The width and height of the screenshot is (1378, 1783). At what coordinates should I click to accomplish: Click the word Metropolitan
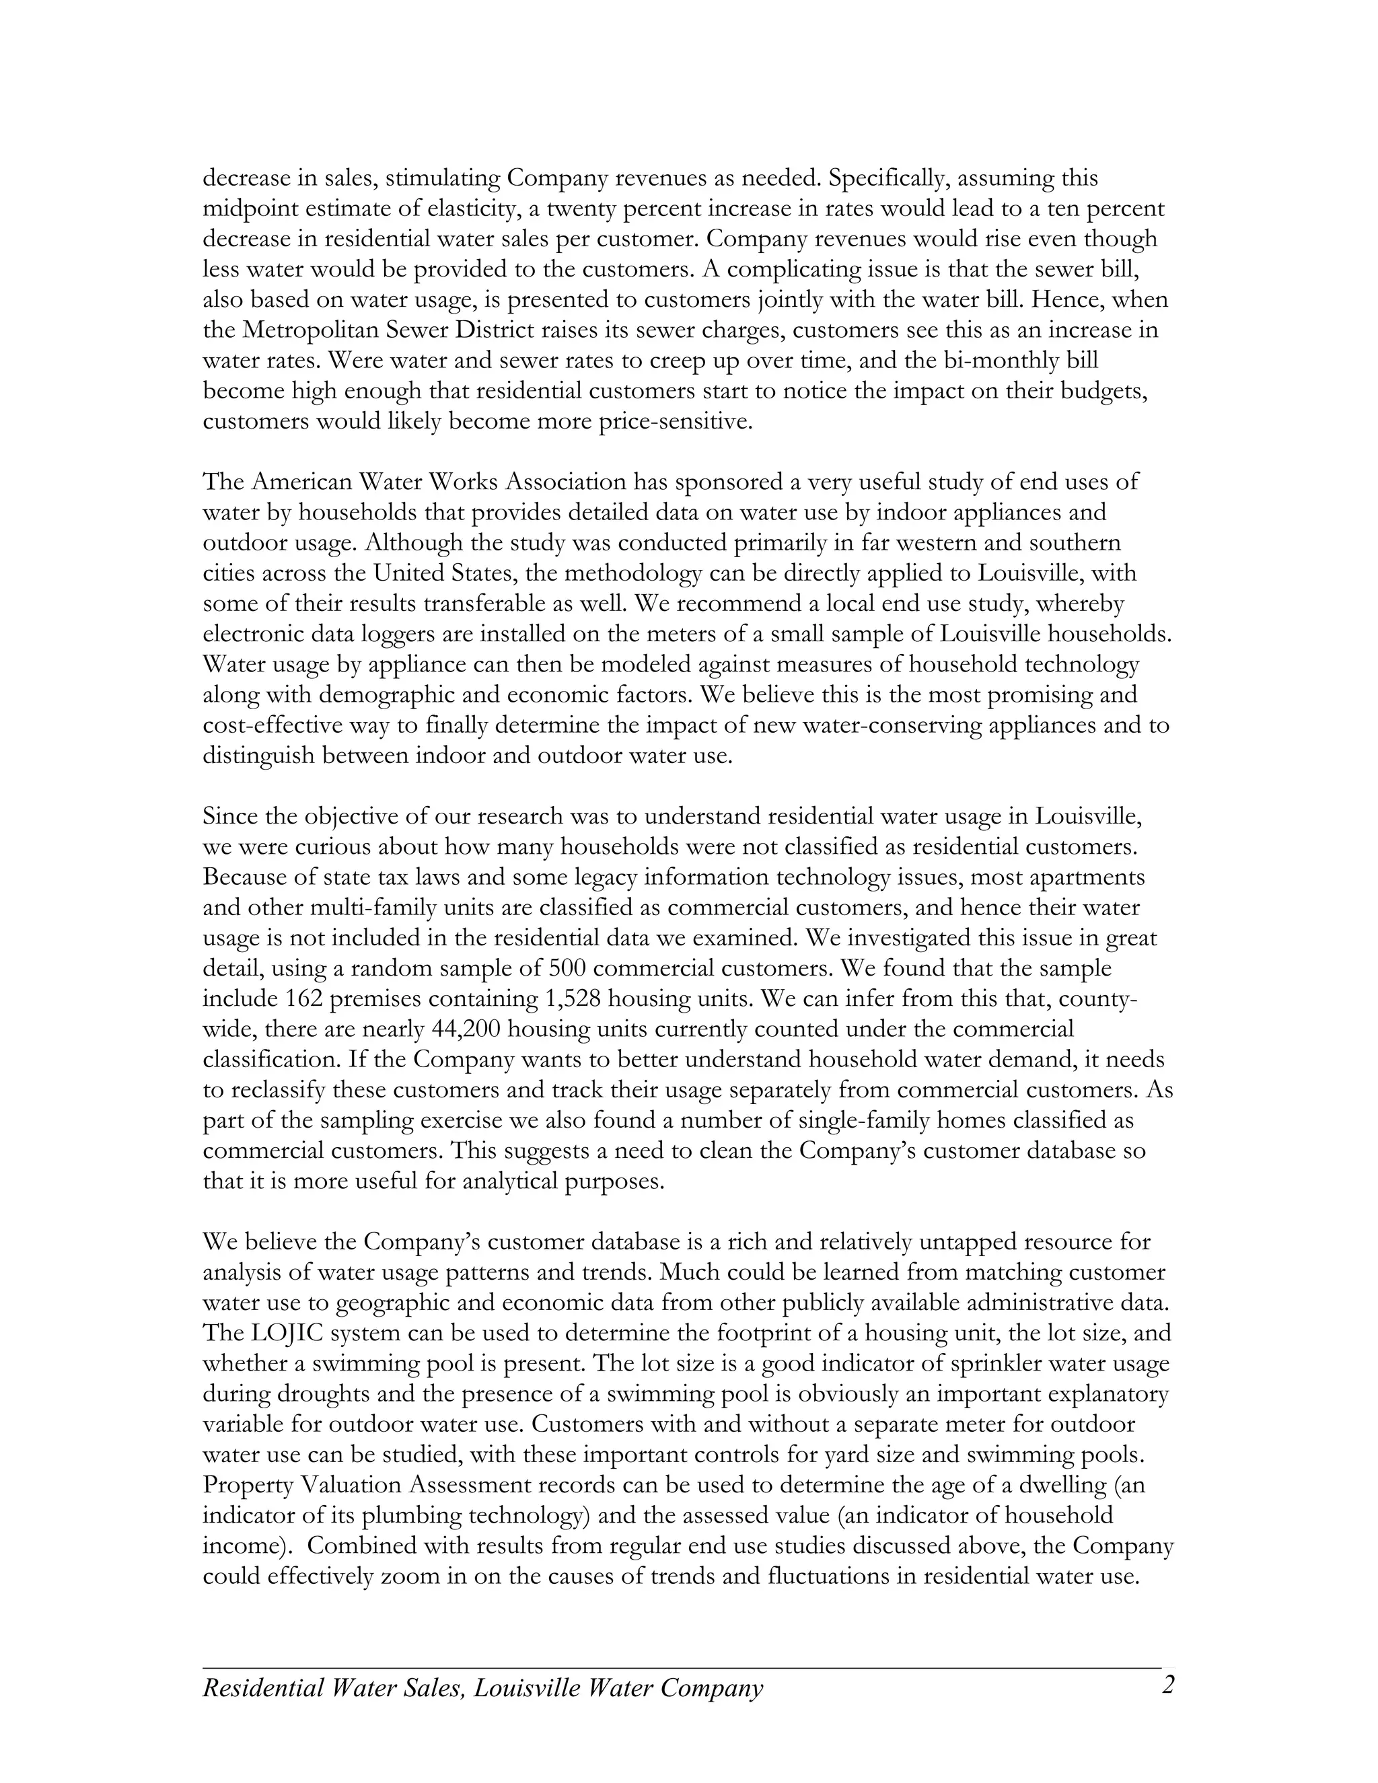[x=311, y=330]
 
